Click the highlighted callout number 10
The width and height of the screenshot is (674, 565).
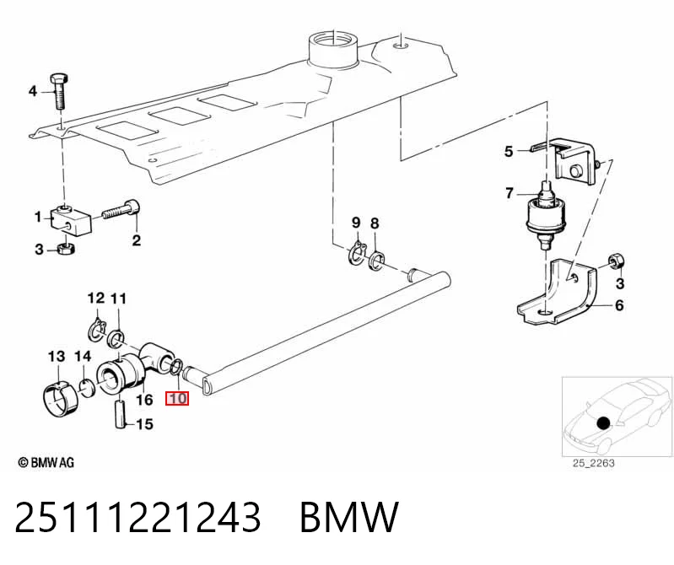[177, 398]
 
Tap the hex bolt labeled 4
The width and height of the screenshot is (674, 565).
[59, 92]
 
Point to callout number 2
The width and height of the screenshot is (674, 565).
[137, 240]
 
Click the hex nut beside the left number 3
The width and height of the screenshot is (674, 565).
[66, 248]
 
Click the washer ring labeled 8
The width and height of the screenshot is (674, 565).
[376, 261]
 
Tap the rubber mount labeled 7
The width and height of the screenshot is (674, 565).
[545, 215]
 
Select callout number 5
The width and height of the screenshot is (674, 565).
[509, 151]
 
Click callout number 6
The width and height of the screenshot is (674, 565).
[619, 305]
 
